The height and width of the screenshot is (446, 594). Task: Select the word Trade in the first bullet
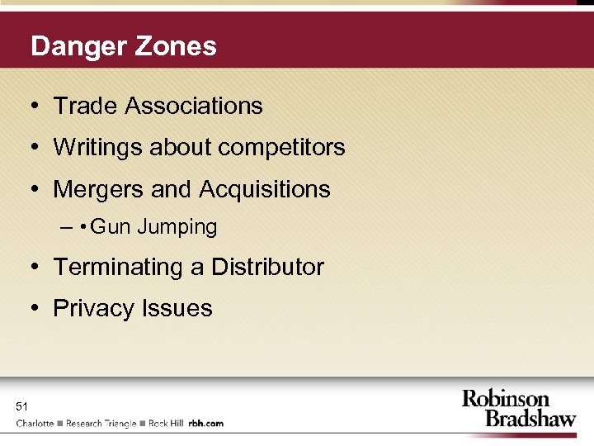[x=86, y=106]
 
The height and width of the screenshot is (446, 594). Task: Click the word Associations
[x=194, y=106]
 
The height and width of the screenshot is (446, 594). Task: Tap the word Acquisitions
[x=264, y=190]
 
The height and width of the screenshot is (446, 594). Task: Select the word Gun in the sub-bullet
[x=111, y=227]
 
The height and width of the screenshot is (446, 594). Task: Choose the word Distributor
[x=267, y=268]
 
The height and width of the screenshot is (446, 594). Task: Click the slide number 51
[x=22, y=406]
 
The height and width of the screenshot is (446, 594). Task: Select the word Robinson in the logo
[x=506, y=400]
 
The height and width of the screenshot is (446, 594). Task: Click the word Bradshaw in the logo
[x=530, y=418]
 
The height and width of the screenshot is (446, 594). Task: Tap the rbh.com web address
[x=205, y=424]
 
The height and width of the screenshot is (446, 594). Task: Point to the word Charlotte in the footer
[x=35, y=424]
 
